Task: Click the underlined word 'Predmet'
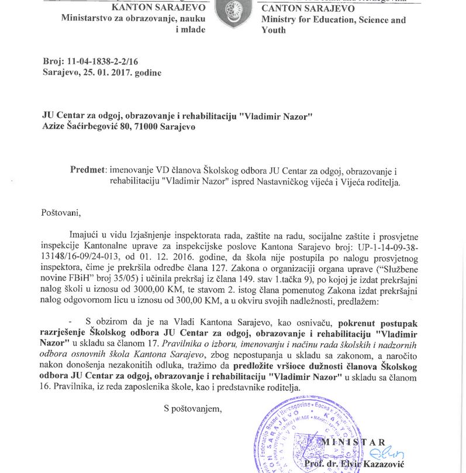coord(88,170)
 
